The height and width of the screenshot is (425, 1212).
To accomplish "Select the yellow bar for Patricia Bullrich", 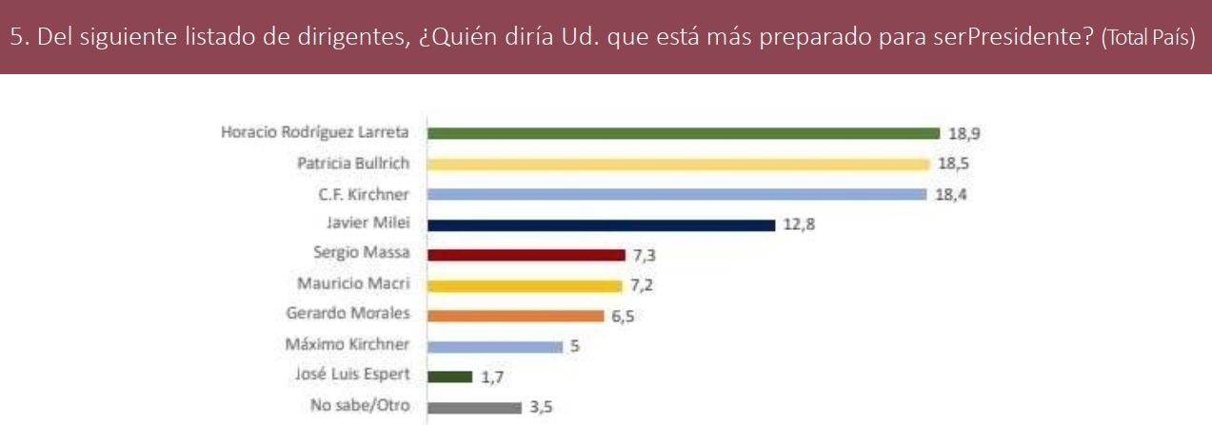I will click(x=678, y=164).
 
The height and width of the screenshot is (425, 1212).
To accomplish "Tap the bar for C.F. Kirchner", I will click(x=677, y=194).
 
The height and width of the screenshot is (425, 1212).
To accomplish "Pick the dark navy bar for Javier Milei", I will click(x=601, y=225).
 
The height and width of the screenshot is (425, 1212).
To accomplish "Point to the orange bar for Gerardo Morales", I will click(x=515, y=316).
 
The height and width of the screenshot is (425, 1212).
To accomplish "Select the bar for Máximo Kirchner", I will click(x=495, y=347).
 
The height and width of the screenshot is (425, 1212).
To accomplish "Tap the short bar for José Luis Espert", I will click(x=449, y=377).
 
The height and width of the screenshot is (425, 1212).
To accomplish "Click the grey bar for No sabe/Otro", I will click(x=474, y=408).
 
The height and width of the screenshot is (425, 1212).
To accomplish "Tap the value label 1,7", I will click(x=491, y=377).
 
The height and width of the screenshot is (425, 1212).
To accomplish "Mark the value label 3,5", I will click(x=541, y=408).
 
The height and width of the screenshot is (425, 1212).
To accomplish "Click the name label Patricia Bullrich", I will click(x=353, y=164).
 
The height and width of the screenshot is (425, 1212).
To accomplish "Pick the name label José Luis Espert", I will click(x=362, y=377).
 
